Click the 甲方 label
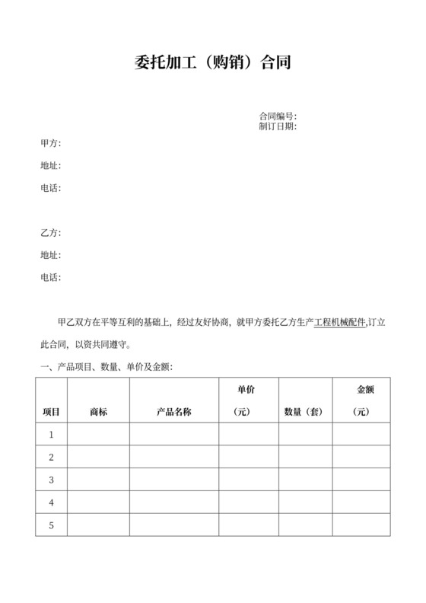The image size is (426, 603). tap(50, 143)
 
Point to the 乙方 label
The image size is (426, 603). tap(50, 233)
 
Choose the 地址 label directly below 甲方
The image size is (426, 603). tap(50, 166)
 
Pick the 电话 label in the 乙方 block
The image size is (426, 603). tap(50, 277)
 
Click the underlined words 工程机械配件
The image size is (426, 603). tap(340, 323)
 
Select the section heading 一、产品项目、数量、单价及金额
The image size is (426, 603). tap(106, 367)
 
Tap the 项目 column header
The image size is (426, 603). tap(51, 412)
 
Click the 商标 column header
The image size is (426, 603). tap(98, 412)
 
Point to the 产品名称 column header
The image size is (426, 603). tap(173, 412)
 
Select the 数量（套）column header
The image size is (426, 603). tap(304, 412)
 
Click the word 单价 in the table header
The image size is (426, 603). tap(246, 390)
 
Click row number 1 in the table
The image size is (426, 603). tap(51, 435)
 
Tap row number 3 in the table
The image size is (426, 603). tap(51, 480)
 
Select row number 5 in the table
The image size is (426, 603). tap(51, 525)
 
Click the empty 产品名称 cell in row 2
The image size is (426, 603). tap(173, 458)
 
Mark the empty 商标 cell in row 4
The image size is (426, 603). tap(98, 503)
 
